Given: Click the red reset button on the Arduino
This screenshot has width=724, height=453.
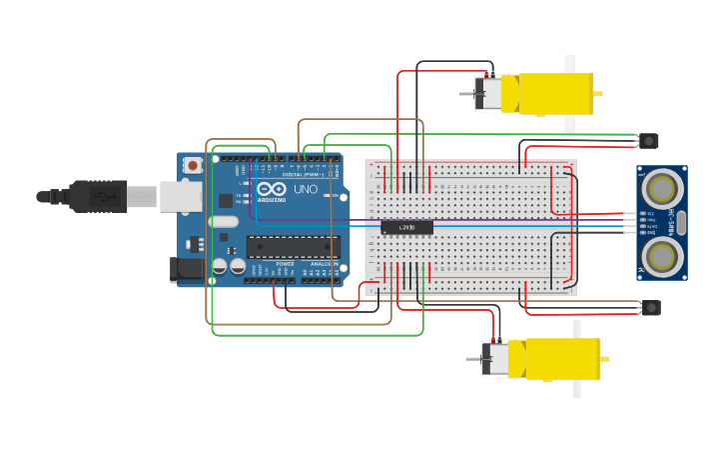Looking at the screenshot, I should coord(191,164).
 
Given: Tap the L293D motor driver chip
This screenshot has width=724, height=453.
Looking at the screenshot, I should coord(406,227).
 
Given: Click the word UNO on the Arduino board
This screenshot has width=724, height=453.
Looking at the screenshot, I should coord(305,189).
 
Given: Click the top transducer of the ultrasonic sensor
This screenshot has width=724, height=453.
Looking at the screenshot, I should coord(661,188).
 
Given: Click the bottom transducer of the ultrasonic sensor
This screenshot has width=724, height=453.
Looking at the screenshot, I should coord(661,256).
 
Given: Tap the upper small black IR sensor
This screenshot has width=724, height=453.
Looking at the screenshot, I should coord(650,141).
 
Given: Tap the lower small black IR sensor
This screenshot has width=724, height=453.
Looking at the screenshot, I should coord(650,307).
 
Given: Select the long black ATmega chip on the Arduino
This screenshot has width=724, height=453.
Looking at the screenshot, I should coord(293,246).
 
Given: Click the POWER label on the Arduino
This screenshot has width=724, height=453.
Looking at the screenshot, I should coord(285,264).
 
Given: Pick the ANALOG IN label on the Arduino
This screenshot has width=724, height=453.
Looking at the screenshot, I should coord(324,264).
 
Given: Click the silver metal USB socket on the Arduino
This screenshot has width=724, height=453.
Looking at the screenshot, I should coord(181,196).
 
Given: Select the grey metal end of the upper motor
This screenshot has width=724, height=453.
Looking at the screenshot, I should coord(489,94).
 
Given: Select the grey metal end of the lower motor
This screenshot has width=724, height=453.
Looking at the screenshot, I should coord(495,359).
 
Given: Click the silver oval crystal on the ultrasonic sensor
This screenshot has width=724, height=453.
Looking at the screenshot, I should coord(681,222).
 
